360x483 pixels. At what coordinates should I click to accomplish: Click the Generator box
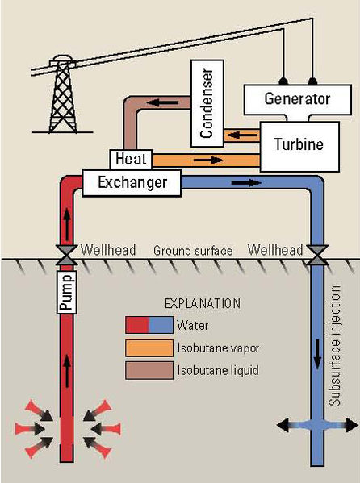[297, 100]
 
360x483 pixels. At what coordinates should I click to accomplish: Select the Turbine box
[295, 145]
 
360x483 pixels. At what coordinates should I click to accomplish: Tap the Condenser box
[207, 105]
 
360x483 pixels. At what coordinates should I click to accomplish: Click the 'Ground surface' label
[193, 251]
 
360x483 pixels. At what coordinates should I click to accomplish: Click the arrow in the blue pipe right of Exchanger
[241, 183]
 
